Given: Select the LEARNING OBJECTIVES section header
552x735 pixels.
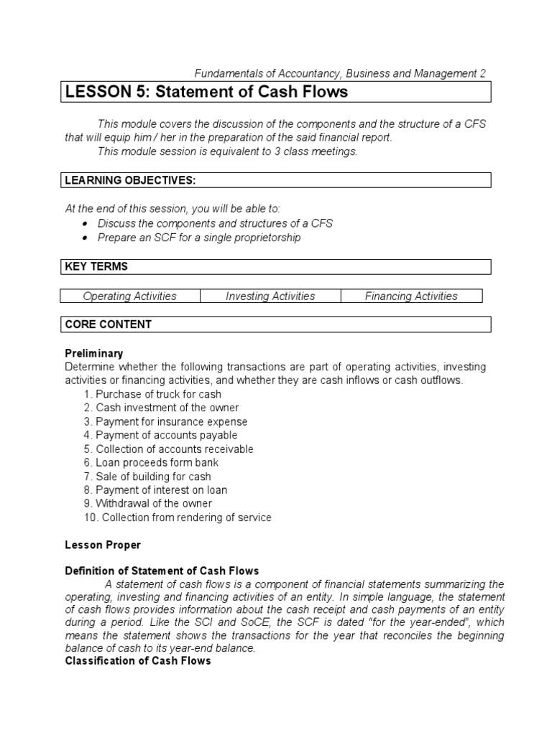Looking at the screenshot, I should point(130,180).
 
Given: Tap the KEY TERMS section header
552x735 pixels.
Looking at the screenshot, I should point(96,266).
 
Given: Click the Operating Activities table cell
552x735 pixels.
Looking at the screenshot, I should point(130,296).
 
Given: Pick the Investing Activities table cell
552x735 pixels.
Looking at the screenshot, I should point(270,296).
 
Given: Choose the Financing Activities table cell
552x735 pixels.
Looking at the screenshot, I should point(411,296).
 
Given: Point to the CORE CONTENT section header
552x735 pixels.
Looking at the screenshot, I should point(108,324).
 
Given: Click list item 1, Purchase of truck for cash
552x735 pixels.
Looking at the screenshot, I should point(152,394).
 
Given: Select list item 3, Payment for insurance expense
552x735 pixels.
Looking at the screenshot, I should point(165,421).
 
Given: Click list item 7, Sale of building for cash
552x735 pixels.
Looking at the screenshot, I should point(147,477).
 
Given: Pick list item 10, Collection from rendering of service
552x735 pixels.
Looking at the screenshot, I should point(178,518).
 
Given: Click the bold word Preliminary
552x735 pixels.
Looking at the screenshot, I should point(94,353).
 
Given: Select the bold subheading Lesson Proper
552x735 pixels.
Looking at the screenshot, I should point(103,545).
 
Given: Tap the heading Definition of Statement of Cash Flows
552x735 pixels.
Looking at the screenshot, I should point(162,571).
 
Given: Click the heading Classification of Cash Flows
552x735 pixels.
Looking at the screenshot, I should point(138,660).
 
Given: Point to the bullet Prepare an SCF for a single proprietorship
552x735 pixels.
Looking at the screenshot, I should point(198,238).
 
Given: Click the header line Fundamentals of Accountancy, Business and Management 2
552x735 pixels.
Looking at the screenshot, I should point(341,73).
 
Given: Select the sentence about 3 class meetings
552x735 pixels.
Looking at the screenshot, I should point(227,151).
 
